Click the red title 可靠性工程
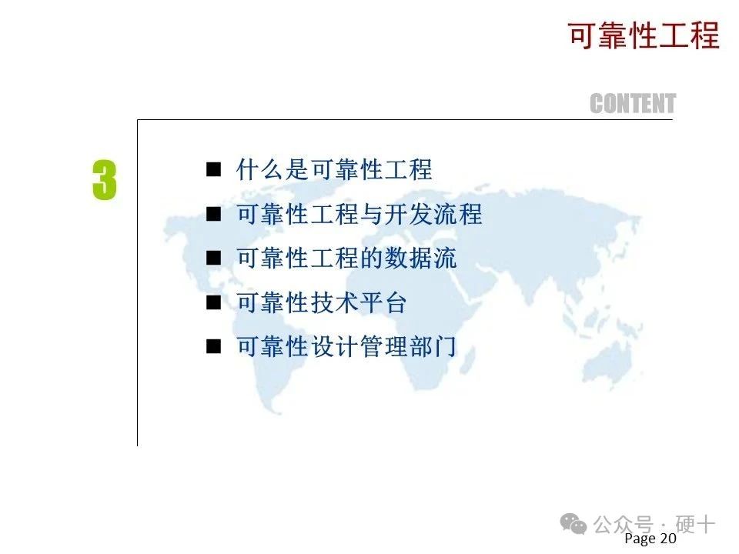point(644,35)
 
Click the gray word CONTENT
point(633,104)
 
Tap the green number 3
point(104,180)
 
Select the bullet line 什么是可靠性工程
point(333,169)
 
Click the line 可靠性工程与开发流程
point(359,214)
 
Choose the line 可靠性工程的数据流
point(346,259)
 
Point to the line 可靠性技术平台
point(321,302)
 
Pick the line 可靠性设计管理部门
point(346,347)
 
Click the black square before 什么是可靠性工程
point(213,169)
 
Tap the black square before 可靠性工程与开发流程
point(213,214)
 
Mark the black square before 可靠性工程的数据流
point(213,259)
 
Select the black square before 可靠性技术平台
point(213,302)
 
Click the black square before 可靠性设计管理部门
point(213,347)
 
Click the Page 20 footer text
point(650,539)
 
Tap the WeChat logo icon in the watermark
point(573,524)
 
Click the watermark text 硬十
point(694,524)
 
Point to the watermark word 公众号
point(623,524)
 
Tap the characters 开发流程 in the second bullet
point(433,214)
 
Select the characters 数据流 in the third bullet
point(420,259)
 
